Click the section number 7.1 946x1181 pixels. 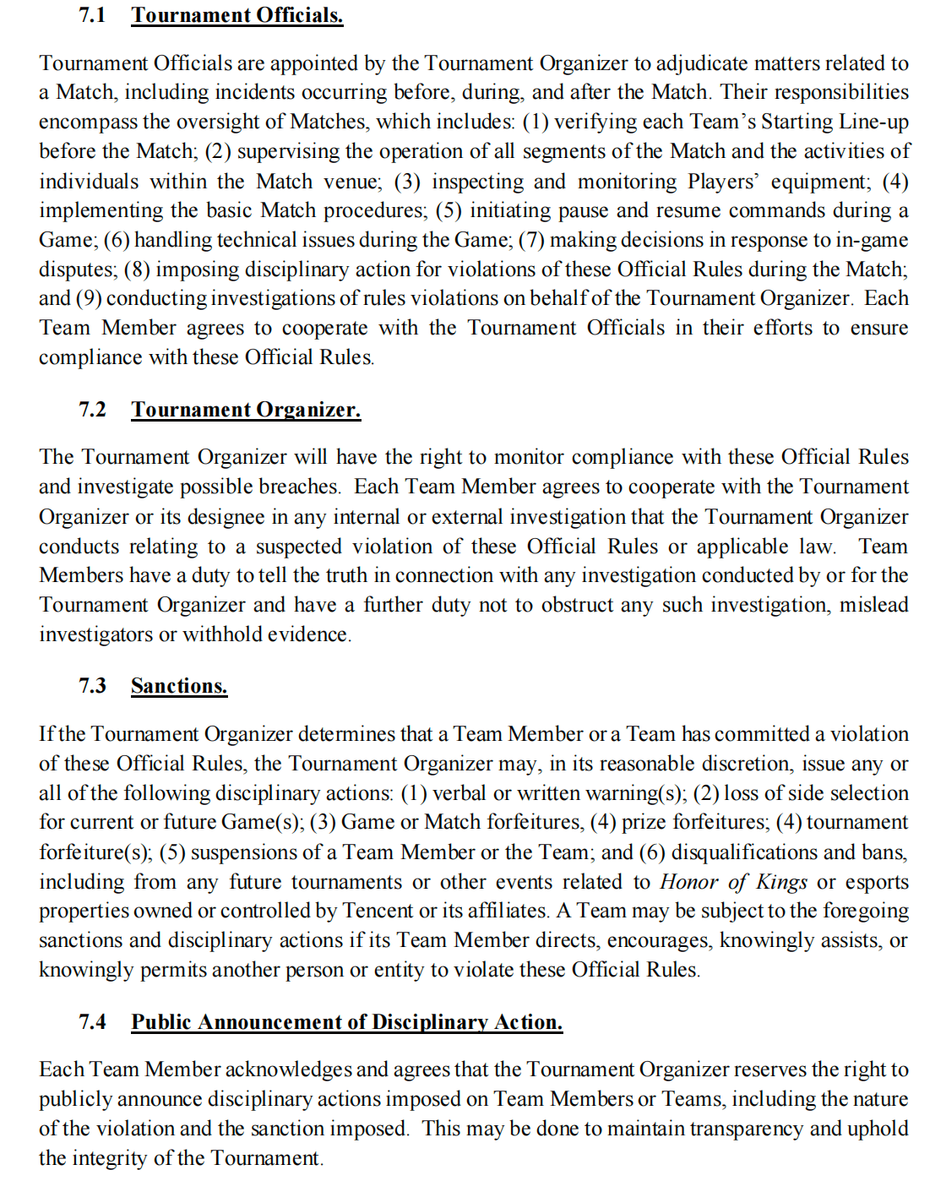pyautogui.click(x=92, y=15)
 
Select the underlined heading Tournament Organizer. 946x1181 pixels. pyautogui.click(x=246, y=410)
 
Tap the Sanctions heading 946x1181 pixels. pyautogui.click(x=179, y=686)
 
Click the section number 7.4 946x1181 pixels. pyautogui.click(x=92, y=1022)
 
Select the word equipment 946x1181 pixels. pyautogui.click(x=819, y=182)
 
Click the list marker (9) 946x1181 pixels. pyautogui.click(x=89, y=299)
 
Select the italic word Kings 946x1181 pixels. pyautogui.click(x=782, y=883)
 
